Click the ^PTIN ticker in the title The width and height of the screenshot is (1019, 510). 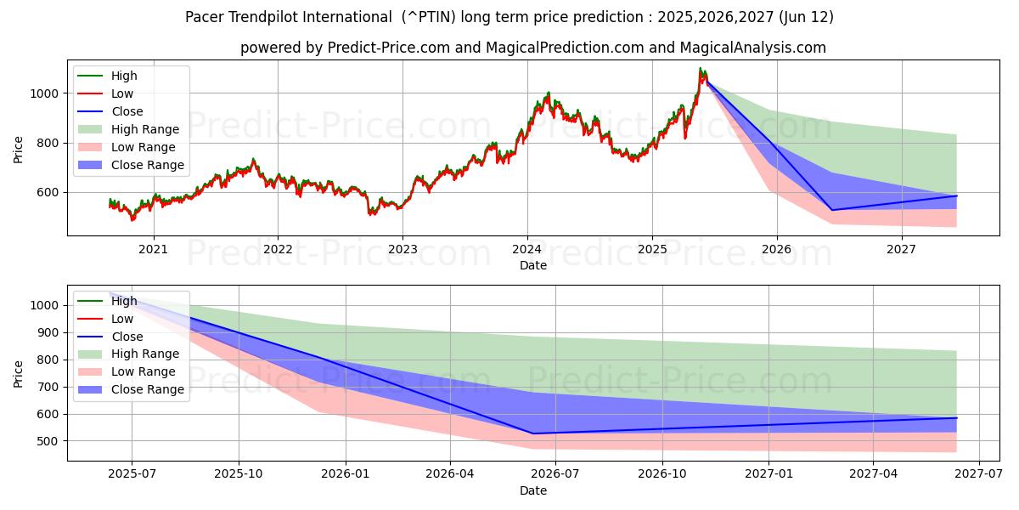[432, 17]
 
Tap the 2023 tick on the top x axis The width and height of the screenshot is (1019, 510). [403, 250]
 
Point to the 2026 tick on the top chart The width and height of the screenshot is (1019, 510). [777, 250]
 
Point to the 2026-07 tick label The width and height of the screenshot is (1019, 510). [555, 476]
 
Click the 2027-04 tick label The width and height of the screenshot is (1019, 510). [874, 476]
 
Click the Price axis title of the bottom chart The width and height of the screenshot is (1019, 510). [19, 373]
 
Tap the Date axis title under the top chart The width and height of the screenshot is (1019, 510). [532, 265]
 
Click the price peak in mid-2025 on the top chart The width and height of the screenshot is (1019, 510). [701, 68]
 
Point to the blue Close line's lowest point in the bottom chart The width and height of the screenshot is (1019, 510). [533, 433]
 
